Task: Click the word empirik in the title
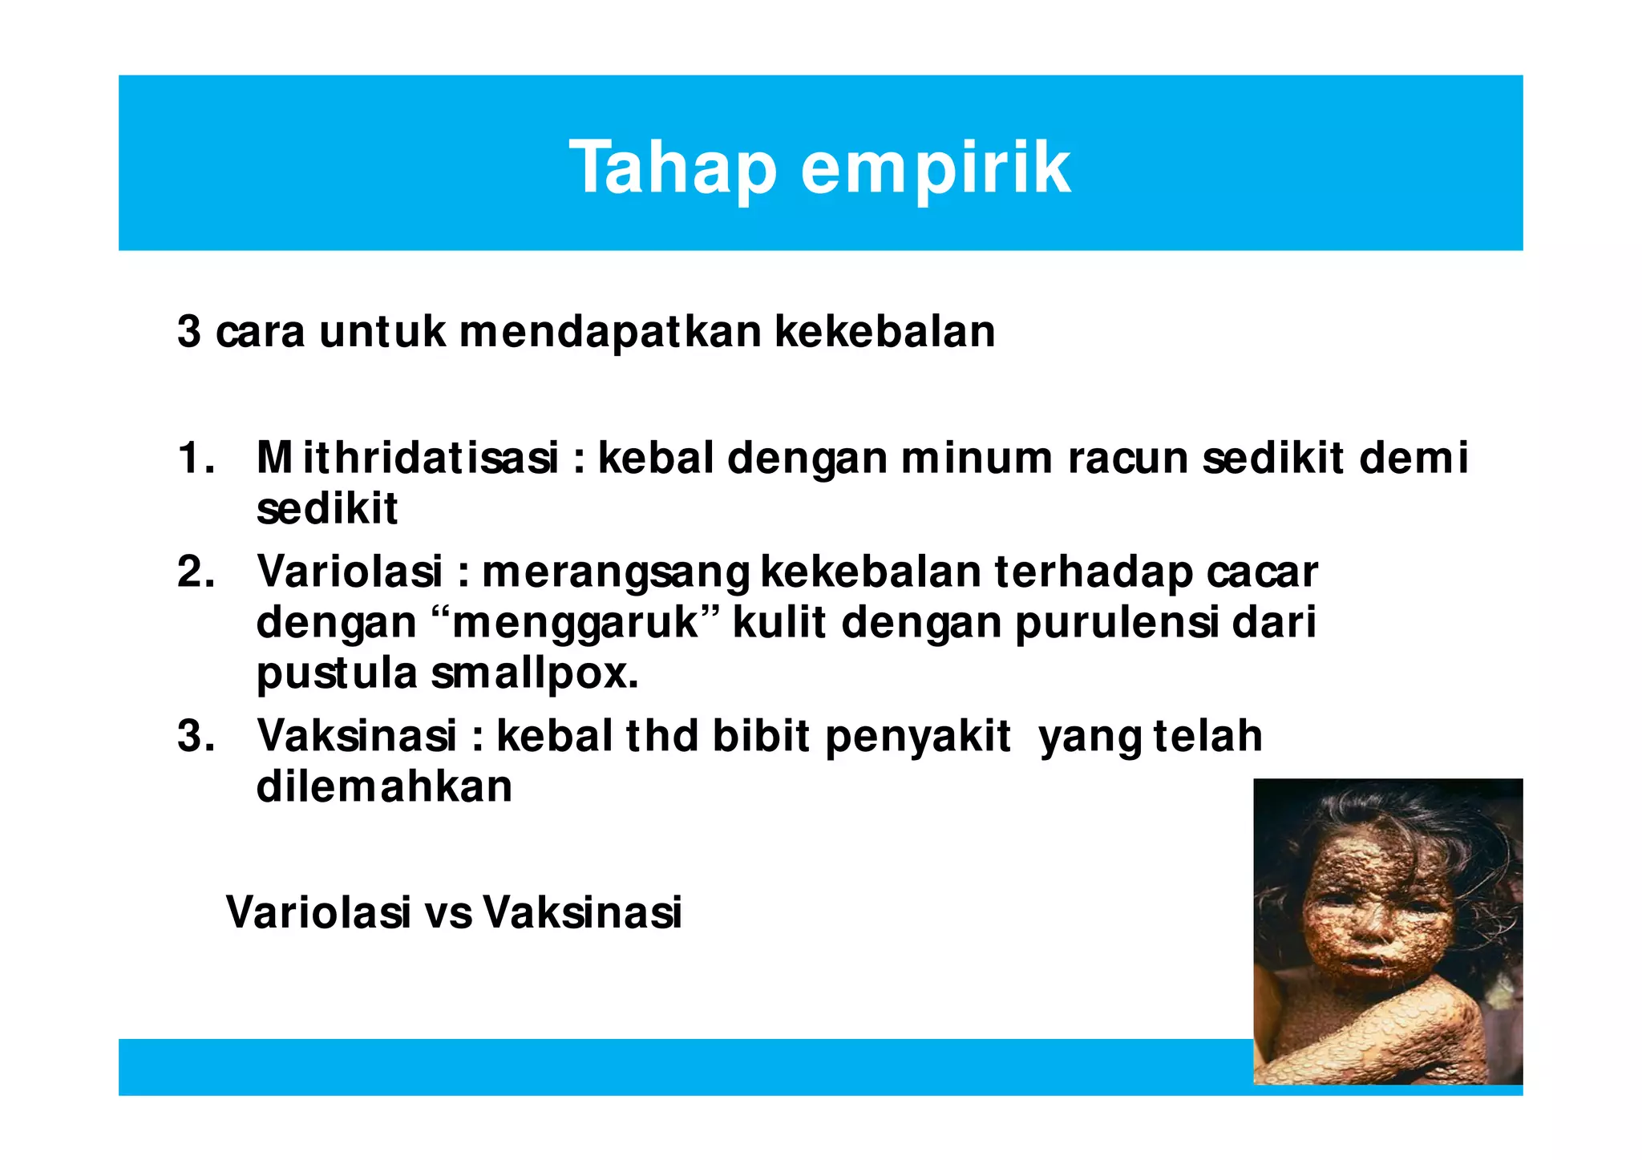click(935, 168)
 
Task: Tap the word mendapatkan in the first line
click(610, 331)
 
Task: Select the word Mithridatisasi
click(407, 459)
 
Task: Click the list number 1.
click(195, 459)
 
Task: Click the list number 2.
click(195, 572)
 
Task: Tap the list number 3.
click(195, 735)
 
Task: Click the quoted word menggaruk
click(575, 623)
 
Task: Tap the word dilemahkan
click(384, 786)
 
